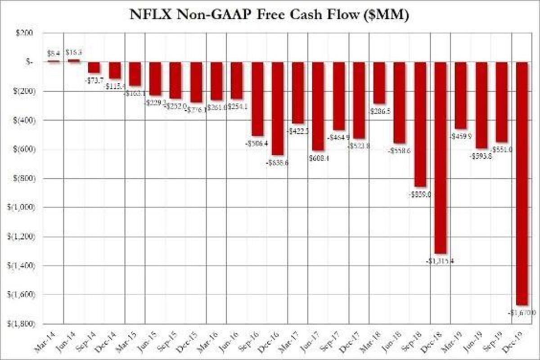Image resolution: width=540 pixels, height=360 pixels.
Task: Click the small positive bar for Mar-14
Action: click(x=54, y=61)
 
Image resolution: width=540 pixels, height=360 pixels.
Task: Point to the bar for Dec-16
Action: click(x=277, y=108)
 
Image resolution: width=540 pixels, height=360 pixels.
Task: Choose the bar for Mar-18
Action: click(x=379, y=83)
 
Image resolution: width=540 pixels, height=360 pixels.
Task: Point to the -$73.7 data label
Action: click(x=94, y=79)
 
